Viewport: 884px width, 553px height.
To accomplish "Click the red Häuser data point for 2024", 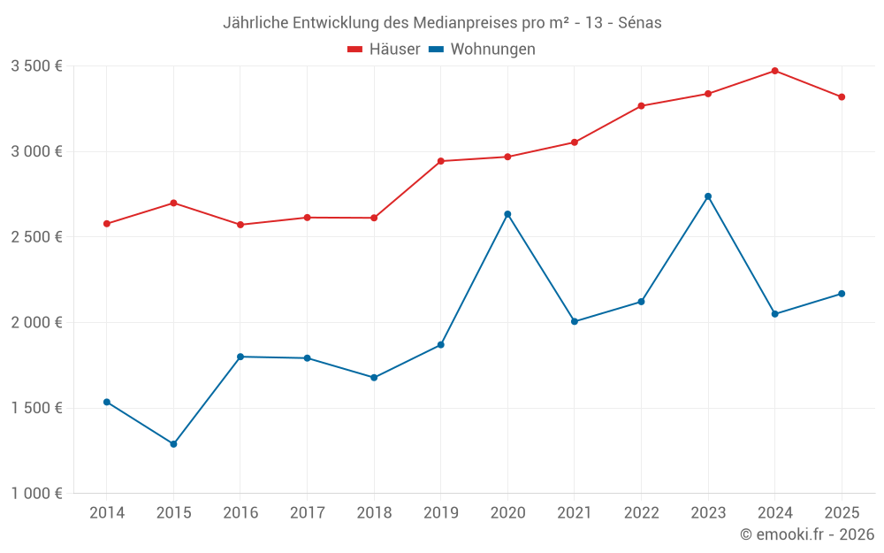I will pos(774,71).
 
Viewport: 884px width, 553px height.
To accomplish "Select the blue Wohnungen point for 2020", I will pos(507,214).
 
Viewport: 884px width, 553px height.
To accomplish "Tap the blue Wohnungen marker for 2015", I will pos(173,444).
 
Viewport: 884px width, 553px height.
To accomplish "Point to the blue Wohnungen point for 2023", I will pos(708,196).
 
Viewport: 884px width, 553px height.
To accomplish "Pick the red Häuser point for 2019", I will pos(440,161).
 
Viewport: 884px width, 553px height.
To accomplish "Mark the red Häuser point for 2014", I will pos(107,224).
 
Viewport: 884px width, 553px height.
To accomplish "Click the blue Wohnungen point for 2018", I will pos(374,378).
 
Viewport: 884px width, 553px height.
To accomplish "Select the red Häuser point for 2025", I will pos(842,97).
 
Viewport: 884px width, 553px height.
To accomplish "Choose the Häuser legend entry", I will pos(384,50).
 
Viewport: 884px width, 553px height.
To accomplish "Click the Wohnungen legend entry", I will pos(482,50).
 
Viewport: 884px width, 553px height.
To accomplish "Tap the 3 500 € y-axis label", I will pos(36,66).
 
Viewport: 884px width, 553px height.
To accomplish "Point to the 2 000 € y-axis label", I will pos(36,323).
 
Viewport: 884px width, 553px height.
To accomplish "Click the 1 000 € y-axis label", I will pos(36,494).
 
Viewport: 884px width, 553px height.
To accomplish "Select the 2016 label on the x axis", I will pos(240,513).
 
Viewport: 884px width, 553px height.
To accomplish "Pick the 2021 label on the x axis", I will pos(575,513).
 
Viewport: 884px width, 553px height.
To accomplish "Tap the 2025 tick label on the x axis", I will pos(842,513).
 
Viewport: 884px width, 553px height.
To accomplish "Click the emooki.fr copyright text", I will pos(807,534).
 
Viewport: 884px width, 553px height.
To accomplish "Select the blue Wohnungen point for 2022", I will pos(641,302).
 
